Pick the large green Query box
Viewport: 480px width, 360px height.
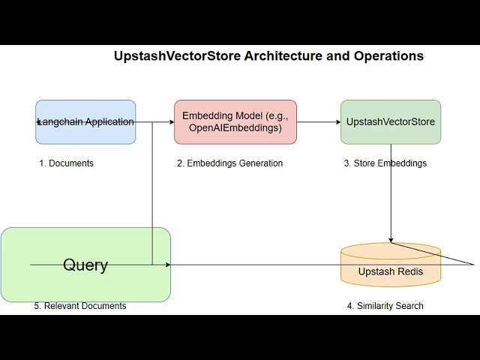click(85, 285)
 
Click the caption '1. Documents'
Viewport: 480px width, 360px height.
click(66, 163)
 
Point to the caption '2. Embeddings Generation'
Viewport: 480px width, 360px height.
click(229, 163)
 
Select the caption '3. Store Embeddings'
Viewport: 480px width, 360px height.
click(385, 163)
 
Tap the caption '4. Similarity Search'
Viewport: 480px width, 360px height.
click(385, 306)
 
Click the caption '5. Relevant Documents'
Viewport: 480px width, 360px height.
click(80, 306)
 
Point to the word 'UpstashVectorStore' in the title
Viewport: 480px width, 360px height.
click(177, 56)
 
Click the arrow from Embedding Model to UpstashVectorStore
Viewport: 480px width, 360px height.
click(319, 121)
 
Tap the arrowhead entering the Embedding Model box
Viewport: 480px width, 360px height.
click(171, 121)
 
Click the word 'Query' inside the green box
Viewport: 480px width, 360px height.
click(85, 265)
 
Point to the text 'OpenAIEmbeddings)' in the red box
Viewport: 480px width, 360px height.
click(235, 128)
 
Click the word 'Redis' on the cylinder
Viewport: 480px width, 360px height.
click(409, 271)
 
